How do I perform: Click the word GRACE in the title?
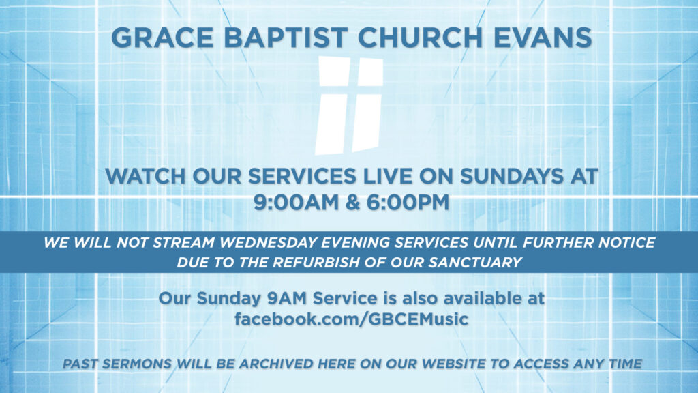point(162,38)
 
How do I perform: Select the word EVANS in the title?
point(543,38)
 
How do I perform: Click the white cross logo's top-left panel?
point(335,71)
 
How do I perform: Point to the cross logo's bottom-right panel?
point(367,123)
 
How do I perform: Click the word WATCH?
point(145,177)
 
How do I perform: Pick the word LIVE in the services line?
point(388,177)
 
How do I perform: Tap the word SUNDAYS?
point(511,177)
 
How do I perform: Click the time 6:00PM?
point(408,202)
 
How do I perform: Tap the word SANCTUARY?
point(475,263)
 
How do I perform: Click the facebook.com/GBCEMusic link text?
point(351,319)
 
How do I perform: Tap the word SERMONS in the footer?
point(136,364)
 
